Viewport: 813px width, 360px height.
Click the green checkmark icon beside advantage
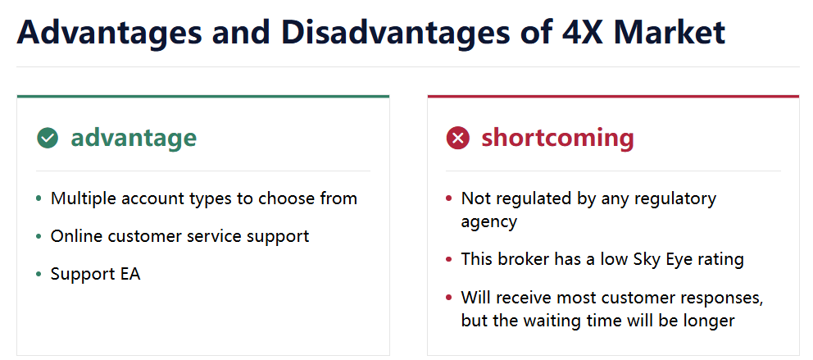[x=48, y=138]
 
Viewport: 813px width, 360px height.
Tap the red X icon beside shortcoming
[x=458, y=138]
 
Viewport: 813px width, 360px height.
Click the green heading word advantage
[x=134, y=138]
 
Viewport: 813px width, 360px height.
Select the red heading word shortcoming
[x=557, y=138]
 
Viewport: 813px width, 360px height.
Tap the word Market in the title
[x=670, y=32]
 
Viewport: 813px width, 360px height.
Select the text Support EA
[x=95, y=275]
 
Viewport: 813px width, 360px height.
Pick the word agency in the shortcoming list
[x=489, y=222]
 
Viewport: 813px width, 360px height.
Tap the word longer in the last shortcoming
[x=708, y=321]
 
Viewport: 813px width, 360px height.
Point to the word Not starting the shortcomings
[x=474, y=198]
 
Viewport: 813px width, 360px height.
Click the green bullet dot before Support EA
[x=39, y=275]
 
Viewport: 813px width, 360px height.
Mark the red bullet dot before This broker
[x=449, y=259]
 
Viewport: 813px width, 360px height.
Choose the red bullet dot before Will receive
[x=449, y=298]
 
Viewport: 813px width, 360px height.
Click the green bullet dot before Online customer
[x=39, y=236]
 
